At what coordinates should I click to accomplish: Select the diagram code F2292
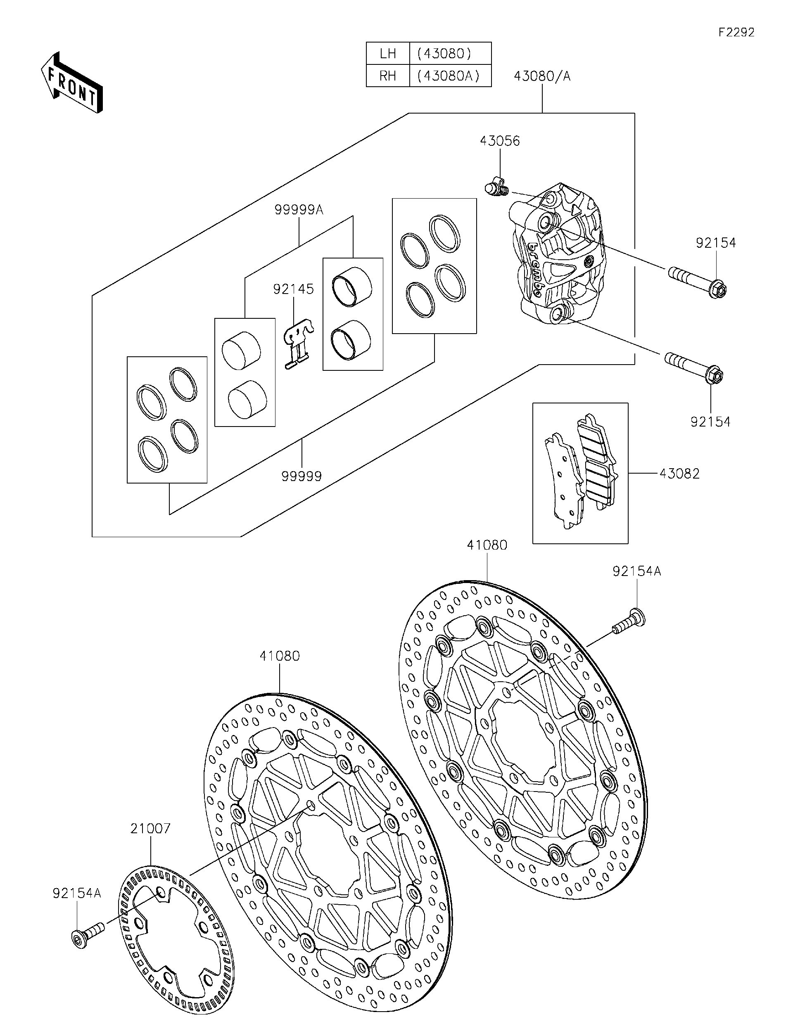[x=736, y=32]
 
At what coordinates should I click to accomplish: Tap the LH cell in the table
[x=388, y=53]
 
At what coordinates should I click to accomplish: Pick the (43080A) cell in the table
[x=450, y=76]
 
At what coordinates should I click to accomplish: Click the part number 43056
[x=500, y=141]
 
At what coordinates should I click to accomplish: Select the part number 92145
[x=294, y=289]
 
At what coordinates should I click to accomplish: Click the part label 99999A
[x=299, y=210]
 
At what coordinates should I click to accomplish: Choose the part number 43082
[x=679, y=474]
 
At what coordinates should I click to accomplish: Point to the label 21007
[x=150, y=828]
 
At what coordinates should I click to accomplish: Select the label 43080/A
[x=542, y=76]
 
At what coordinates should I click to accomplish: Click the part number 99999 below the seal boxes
[x=302, y=476]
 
